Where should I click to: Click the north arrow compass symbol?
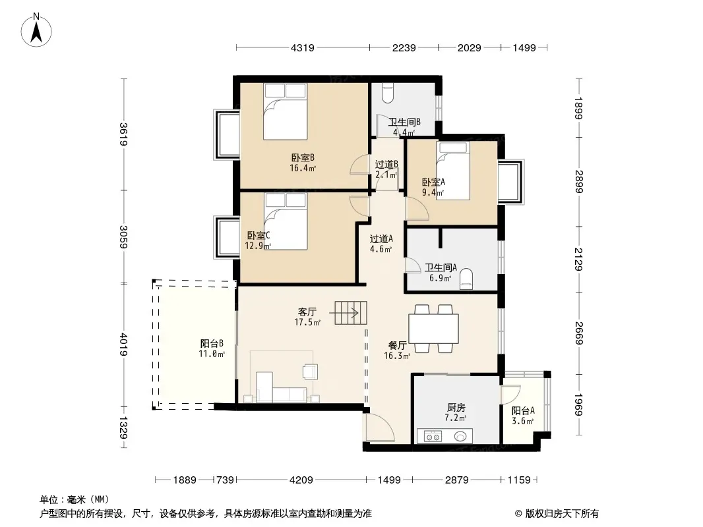coord(36,30)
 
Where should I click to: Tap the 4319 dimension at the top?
coord(303,47)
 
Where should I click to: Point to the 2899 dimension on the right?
coord(579,181)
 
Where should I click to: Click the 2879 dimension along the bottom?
coord(457,480)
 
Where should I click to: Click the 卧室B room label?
coord(303,157)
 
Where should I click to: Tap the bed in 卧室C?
coord(286,221)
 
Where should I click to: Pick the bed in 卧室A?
coord(453,171)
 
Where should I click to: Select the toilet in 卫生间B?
coord(387,92)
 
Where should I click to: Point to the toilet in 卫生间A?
coord(466,279)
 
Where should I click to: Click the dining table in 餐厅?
coord(433,329)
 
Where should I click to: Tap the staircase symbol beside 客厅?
coord(351,312)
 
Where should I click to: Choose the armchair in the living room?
coord(310,371)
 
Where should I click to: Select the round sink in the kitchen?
coord(460,436)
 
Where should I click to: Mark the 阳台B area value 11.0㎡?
coord(212,354)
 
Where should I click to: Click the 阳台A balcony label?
coord(523,410)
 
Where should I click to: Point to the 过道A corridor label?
coord(381,239)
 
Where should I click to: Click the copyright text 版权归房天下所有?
coord(562,514)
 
